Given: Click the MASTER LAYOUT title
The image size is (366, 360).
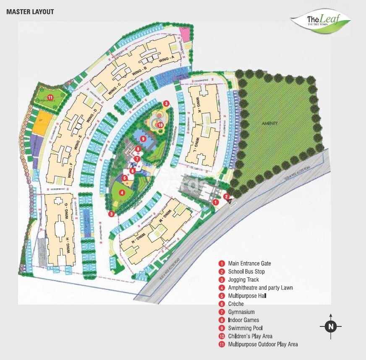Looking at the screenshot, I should tap(30, 12).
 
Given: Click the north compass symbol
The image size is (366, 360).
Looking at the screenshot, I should tap(331, 326).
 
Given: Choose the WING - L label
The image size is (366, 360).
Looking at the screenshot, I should tap(196, 143).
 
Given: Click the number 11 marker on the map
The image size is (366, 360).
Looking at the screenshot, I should tap(50, 98).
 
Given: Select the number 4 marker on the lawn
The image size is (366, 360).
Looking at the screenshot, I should tap(122, 193).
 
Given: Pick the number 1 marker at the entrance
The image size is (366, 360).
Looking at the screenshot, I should tap(215, 202).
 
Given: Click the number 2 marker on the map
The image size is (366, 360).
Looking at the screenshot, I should tap(226, 196).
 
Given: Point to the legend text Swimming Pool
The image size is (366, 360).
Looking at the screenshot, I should tap(246, 328).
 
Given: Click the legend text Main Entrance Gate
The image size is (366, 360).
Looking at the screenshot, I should tap(250, 263).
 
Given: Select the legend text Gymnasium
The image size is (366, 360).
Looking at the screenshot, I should tap(241, 312).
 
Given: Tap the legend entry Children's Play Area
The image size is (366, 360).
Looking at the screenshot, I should tap(251, 336).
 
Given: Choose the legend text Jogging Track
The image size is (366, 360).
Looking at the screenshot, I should tap(243, 280).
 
